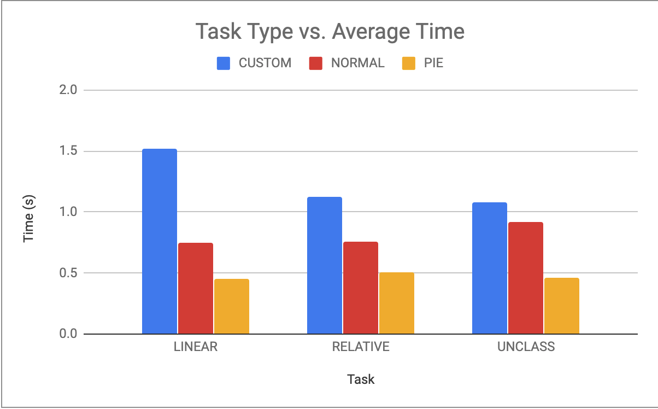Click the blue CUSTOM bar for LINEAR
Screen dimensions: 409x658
(x=159, y=241)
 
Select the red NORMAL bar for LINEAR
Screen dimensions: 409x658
(x=195, y=288)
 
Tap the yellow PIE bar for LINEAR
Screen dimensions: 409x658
(x=231, y=306)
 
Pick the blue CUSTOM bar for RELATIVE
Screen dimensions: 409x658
(x=324, y=265)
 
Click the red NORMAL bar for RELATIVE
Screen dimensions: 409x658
(x=360, y=288)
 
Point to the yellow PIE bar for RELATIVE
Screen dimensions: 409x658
(x=396, y=303)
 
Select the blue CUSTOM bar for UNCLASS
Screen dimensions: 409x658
(x=489, y=268)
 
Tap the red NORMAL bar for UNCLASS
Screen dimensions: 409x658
(x=525, y=278)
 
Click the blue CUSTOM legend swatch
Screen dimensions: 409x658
(x=224, y=63)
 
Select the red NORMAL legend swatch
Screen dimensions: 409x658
(x=316, y=63)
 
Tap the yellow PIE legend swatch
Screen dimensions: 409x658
(x=409, y=63)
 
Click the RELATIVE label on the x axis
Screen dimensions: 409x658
(x=361, y=347)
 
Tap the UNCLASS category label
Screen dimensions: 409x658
(x=526, y=347)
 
